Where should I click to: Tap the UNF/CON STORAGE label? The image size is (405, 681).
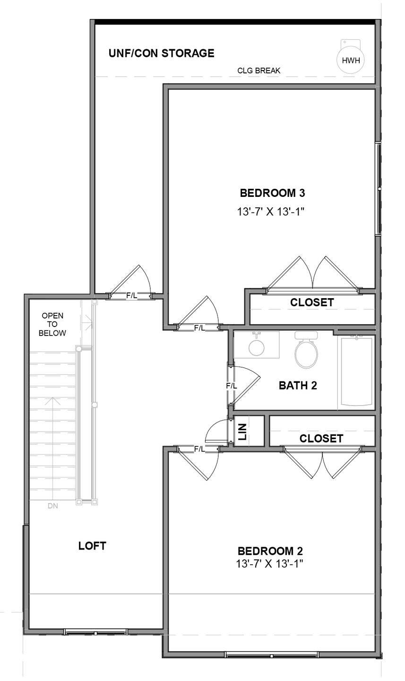coord(161,53)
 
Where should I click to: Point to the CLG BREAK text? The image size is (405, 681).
coord(259,71)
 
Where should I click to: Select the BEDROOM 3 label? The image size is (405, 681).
coord(272,193)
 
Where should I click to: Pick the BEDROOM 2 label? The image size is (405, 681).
coord(270,551)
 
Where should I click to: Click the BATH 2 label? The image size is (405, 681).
coord(298,385)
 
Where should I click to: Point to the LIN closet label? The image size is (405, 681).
coord(242,432)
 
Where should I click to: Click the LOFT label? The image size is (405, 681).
coord(92,546)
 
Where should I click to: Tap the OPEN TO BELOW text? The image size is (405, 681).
coord(52,324)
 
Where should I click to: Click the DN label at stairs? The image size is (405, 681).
coord(53,506)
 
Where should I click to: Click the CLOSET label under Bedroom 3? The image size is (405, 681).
coord(312,302)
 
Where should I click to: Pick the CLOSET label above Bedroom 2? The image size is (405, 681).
coord(321,439)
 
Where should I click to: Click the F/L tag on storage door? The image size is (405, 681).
coord(131,296)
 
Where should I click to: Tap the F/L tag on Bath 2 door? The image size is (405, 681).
coord(231,386)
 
